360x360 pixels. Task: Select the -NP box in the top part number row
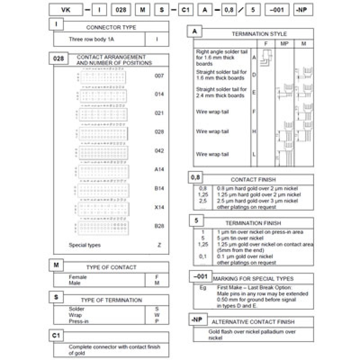pos(301,9)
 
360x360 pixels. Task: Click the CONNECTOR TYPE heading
pos(111,27)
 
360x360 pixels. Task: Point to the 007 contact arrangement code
pos(159,76)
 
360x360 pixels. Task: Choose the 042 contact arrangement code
pos(159,151)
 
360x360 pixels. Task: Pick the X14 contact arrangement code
pos(159,207)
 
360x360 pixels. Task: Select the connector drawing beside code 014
pos(102,95)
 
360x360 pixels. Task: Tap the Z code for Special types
pos(159,245)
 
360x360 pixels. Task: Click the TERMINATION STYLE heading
pos(259,34)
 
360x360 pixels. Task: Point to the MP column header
pos(284,44)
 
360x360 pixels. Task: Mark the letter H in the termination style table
pos(254,131)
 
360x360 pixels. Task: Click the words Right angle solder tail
pos(222,52)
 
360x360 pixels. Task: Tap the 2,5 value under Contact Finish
pos(202,201)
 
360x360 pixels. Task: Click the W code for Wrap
pos(157,315)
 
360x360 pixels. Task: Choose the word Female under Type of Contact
pos(78,277)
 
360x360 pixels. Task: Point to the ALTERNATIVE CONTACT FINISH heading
pos(253,322)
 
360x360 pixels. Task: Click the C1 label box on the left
pos(55,336)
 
